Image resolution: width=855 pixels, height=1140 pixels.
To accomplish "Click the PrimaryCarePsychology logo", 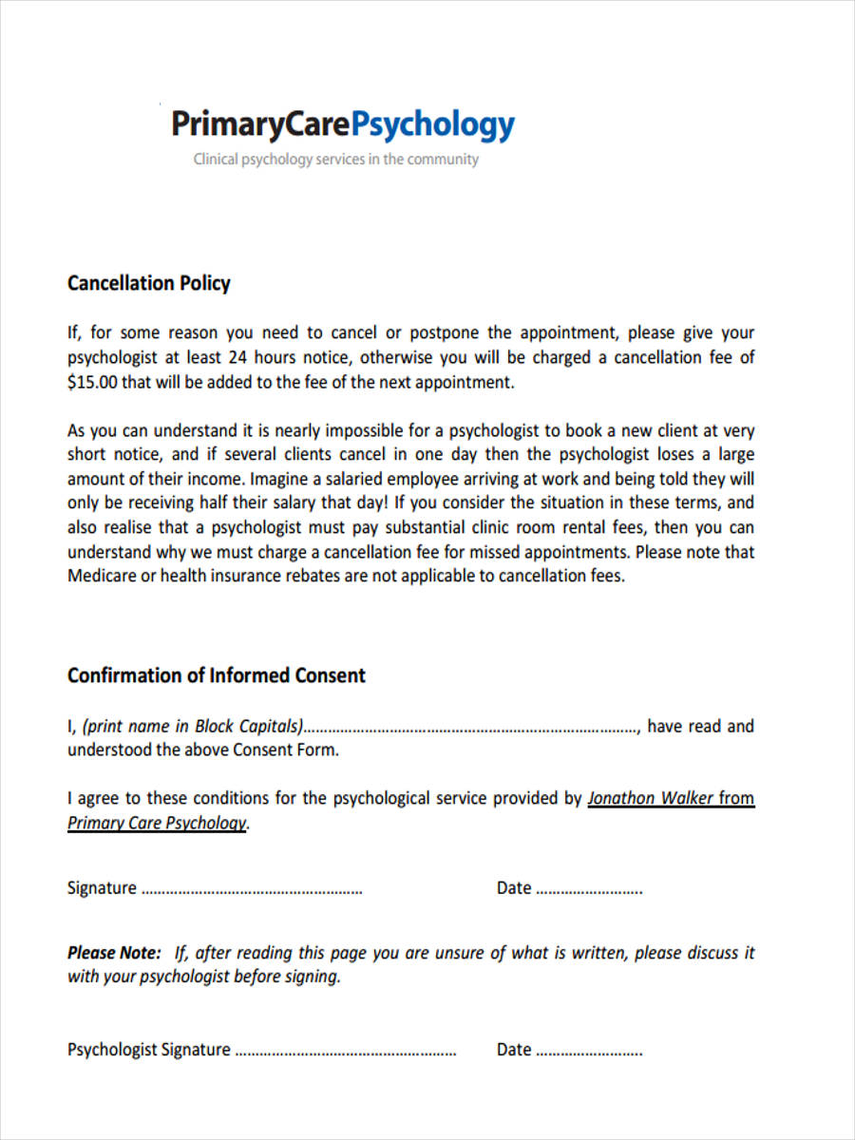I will [342, 124].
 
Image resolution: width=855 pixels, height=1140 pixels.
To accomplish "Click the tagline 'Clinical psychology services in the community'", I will [336, 160].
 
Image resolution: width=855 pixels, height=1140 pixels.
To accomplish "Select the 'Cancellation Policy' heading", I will [149, 283].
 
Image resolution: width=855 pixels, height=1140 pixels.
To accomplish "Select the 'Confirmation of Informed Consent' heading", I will [216, 675].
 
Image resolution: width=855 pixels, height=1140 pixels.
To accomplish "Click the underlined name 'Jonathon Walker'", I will [651, 798].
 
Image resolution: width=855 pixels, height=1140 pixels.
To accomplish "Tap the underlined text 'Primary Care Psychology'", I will [157, 823].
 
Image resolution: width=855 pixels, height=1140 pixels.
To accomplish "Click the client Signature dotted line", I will [251, 891].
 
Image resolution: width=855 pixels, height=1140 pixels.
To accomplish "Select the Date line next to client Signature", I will [589, 891].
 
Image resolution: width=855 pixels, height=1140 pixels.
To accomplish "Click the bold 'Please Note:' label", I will [114, 952].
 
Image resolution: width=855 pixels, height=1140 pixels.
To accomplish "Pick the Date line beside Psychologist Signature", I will [589, 1053].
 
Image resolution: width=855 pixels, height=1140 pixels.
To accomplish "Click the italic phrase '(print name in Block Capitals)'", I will [192, 726].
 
